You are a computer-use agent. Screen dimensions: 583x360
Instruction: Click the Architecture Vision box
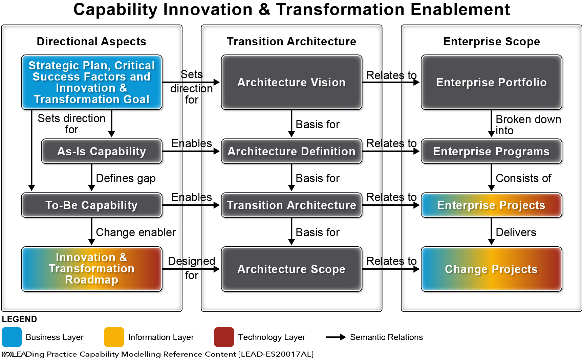click(x=291, y=82)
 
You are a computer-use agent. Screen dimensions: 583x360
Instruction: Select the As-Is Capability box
click(x=102, y=151)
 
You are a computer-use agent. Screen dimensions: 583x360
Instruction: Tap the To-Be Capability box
click(x=92, y=205)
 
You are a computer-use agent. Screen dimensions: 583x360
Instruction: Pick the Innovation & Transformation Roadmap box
click(x=92, y=269)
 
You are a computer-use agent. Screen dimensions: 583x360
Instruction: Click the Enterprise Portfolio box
click(x=492, y=82)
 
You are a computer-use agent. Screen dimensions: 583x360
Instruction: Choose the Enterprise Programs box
click(x=492, y=151)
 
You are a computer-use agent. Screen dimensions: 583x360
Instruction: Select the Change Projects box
click(x=492, y=269)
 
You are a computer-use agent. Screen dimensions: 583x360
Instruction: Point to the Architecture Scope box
click(x=291, y=269)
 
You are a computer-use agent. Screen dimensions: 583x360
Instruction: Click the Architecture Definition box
click(x=291, y=151)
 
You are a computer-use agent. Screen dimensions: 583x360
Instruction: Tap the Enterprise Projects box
click(x=492, y=205)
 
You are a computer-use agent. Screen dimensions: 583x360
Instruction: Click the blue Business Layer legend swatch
click(x=12, y=337)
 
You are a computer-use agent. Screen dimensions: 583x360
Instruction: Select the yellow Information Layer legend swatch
click(x=114, y=337)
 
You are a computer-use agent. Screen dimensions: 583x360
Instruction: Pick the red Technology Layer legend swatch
click(x=224, y=337)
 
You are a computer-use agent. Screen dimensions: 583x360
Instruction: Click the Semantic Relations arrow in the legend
click(x=336, y=337)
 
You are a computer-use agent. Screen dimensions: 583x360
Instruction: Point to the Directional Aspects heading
click(x=91, y=41)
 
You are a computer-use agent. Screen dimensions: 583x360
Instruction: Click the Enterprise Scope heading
click(x=492, y=41)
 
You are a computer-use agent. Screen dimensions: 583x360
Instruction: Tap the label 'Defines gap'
click(x=126, y=178)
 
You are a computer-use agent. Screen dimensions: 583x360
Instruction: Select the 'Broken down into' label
click(x=528, y=125)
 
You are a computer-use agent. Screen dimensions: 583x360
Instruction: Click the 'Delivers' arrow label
click(x=516, y=232)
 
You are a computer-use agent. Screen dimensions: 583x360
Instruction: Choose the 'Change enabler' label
click(x=136, y=232)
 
